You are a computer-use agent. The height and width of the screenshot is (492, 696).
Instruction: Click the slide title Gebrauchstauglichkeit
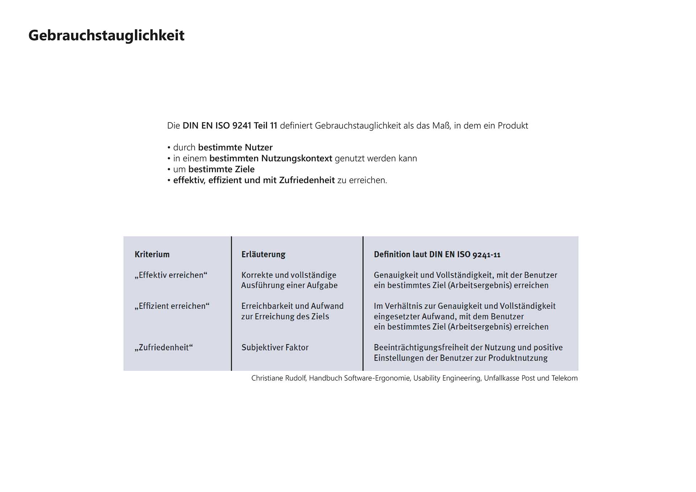(106, 36)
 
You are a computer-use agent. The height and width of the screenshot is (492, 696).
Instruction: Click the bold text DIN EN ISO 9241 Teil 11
(230, 126)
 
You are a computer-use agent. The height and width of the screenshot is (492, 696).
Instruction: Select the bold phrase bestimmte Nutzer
(235, 147)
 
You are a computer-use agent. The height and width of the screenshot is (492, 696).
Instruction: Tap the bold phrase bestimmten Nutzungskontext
(271, 158)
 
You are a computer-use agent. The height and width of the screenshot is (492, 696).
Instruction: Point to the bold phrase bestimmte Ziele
(221, 169)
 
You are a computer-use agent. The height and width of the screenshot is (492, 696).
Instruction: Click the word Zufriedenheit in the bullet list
(307, 180)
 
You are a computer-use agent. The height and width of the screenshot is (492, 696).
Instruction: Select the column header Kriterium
(152, 254)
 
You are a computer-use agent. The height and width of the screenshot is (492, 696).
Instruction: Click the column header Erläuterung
(263, 254)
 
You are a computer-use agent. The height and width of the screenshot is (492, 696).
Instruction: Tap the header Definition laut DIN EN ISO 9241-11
(437, 254)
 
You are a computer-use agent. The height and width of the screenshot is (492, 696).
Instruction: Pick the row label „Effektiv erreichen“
(171, 275)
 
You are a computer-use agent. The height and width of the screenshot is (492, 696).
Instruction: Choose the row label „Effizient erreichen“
(172, 306)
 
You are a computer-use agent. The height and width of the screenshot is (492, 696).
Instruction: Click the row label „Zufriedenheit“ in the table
(163, 347)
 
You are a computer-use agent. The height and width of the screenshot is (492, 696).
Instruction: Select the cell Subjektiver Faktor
(275, 347)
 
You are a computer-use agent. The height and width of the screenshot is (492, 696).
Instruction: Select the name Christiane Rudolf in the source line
(279, 378)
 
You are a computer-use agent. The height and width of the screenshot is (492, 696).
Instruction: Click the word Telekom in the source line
(564, 378)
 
